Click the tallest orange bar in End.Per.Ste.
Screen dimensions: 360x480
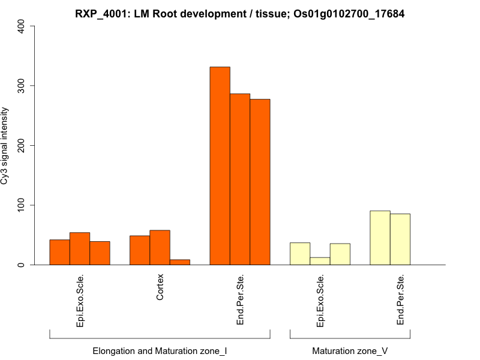[x=220, y=166]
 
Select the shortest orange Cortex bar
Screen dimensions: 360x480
[x=180, y=262]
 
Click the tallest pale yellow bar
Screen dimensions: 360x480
[x=380, y=238]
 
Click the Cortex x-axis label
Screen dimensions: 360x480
[x=160, y=289]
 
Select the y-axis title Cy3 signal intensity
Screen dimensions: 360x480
[x=5, y=145]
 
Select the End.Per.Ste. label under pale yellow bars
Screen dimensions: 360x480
[x=401, y=300]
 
